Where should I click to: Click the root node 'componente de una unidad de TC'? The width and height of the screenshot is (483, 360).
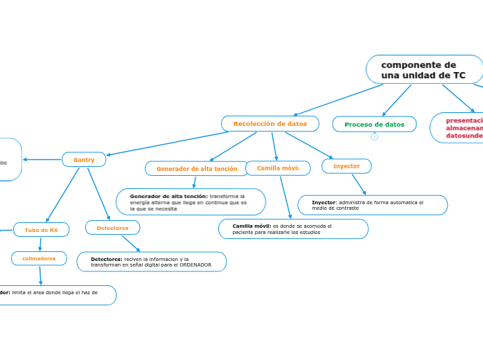point(423,69)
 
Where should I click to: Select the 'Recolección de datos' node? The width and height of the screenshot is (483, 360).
point(270,123)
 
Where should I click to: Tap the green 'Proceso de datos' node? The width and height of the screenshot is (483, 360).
point(374,124)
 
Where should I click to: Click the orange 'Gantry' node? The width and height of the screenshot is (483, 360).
point(84,160)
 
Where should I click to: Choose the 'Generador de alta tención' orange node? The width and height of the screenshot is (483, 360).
point(197,168)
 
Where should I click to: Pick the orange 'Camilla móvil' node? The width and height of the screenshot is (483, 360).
point(278,168)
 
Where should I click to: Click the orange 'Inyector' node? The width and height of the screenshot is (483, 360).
point(346,166)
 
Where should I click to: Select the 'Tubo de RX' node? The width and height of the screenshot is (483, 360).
point(41,229)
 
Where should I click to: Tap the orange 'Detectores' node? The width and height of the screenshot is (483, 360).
point(112,227)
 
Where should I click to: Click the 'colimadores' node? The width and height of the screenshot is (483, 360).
point(39,258)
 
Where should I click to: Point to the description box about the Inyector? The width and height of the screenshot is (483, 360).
point(372,205)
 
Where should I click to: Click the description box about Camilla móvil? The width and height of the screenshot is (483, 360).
point(293,229)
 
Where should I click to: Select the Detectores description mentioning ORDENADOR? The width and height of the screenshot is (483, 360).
point(151,262)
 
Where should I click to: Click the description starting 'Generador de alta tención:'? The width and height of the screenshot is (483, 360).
point(191,202)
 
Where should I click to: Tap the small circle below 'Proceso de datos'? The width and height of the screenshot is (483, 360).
point(374,137)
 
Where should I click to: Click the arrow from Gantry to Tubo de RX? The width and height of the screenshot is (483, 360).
point(63,194)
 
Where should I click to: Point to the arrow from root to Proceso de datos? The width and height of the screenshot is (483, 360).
point(397,100)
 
